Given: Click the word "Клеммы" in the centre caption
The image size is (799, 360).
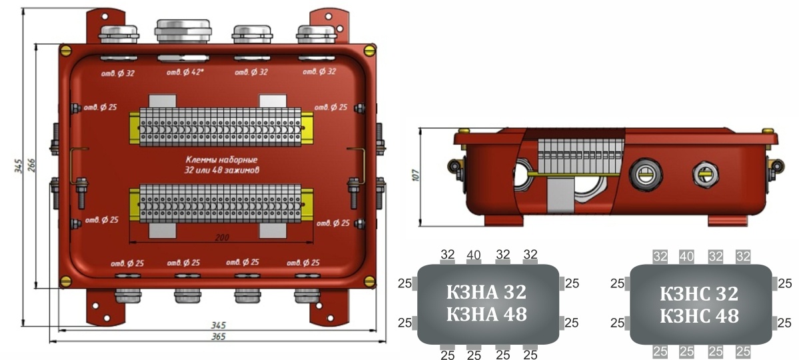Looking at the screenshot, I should pyautogui.click(x=203, y=161).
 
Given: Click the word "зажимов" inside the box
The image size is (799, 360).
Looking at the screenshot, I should pyautogui.click(x=241, y=170).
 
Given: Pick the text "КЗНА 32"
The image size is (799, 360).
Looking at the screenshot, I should pyautogui.click(x=486, y=292).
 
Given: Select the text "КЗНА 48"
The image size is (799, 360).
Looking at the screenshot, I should pyautogui.click(x=486, y=313).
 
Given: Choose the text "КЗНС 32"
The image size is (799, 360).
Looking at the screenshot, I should pyautogui.click(x=699, y=293).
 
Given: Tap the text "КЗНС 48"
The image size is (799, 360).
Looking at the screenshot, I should pyautogui.click(x=699, y=315).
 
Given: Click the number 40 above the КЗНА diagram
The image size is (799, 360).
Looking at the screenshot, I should pyautogui.click(x=474, y=255).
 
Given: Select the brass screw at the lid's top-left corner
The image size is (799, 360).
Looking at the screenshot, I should pyautogui.click(x=65, y=49).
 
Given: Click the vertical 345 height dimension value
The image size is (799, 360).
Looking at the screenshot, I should pyautogui.click(x=19, y=165).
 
